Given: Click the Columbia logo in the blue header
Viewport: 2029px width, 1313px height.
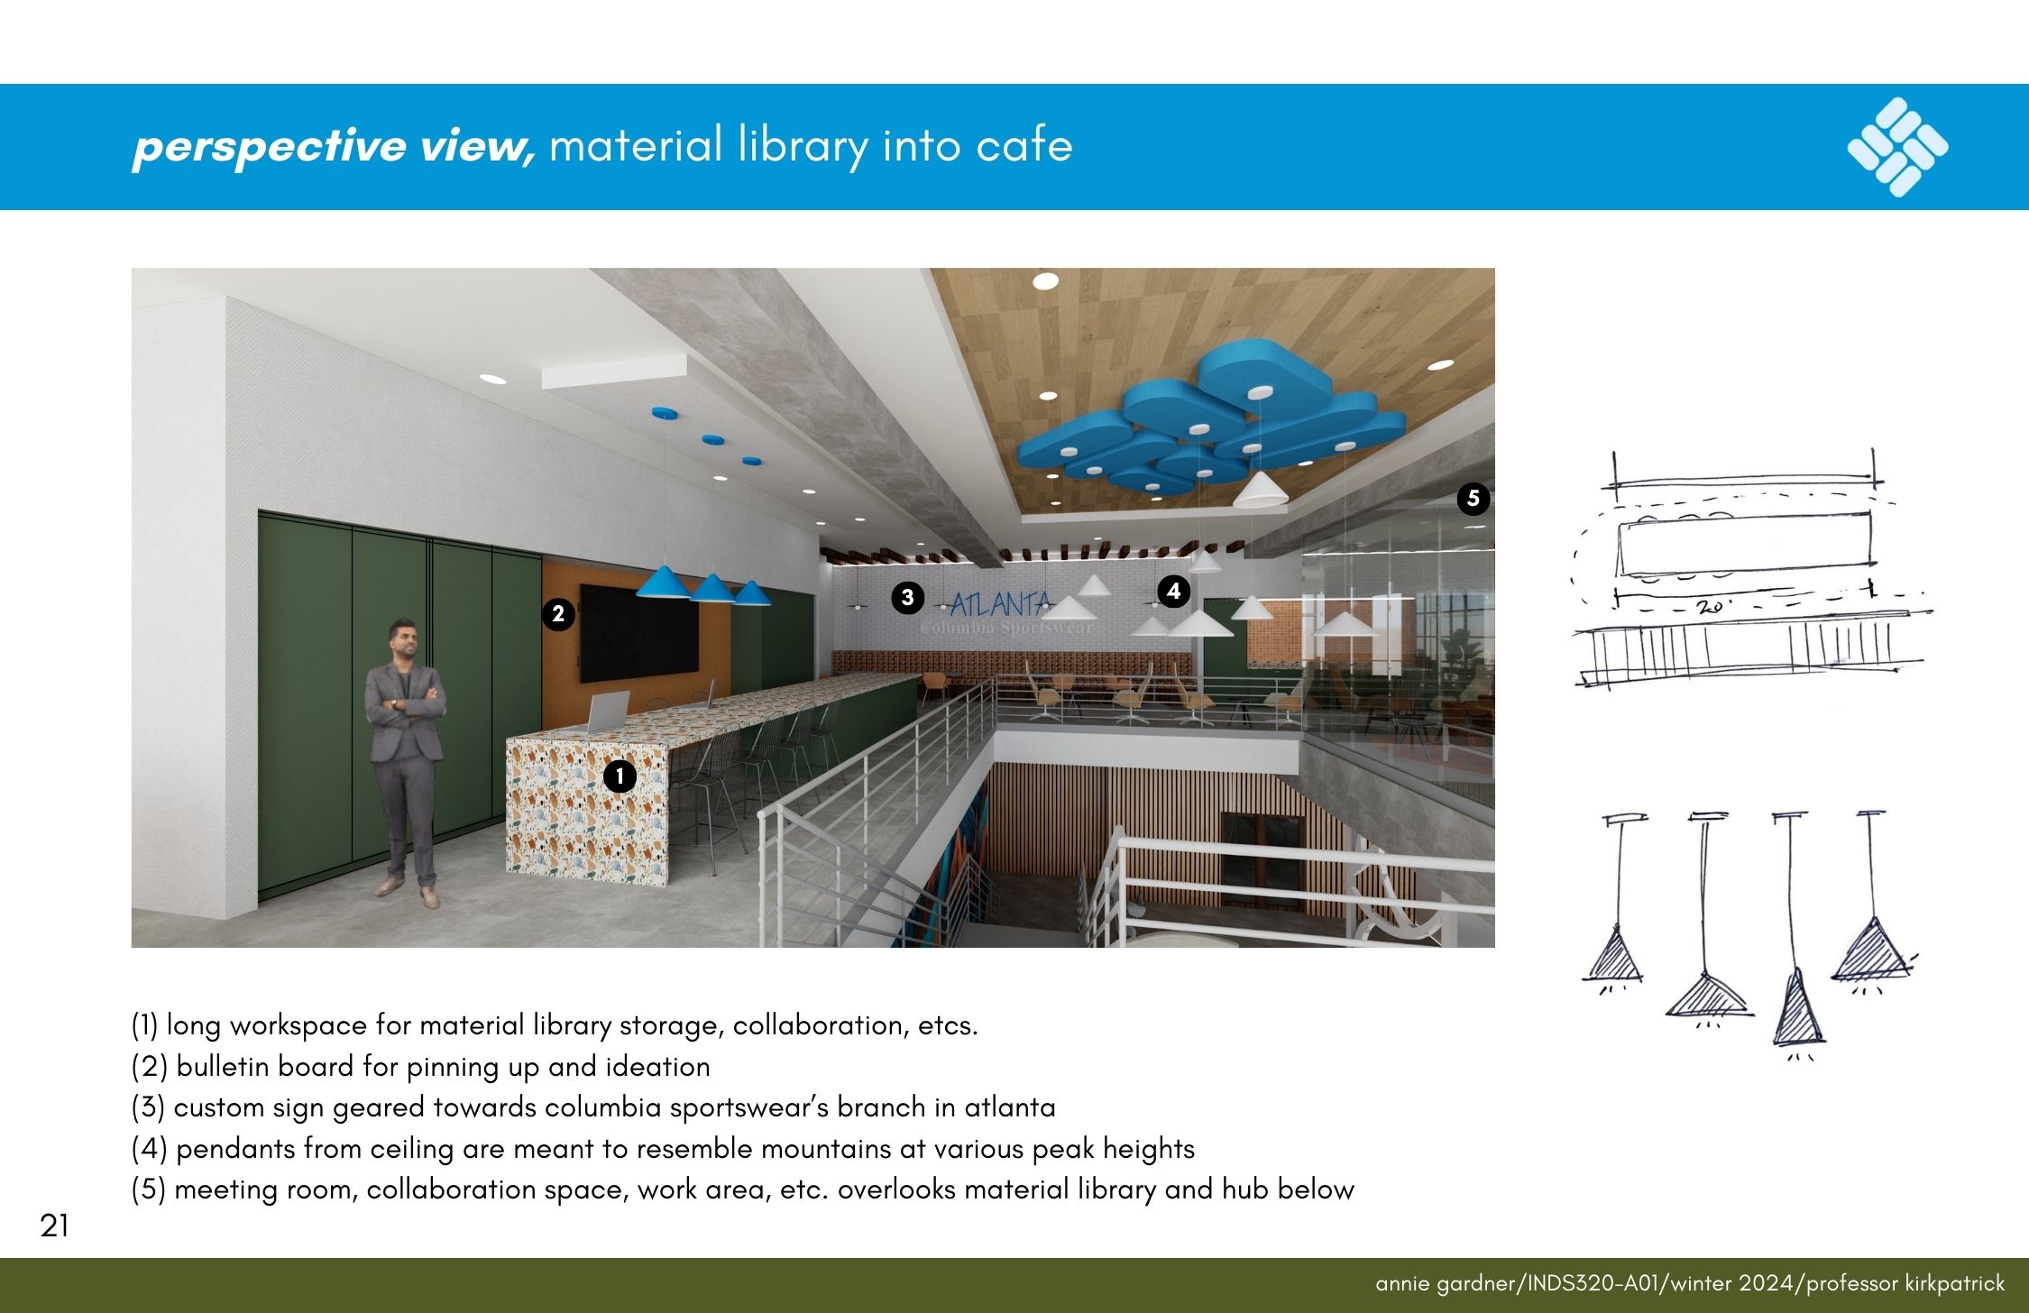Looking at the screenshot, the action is tap(1897, 147).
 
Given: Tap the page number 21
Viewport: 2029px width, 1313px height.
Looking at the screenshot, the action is tap(54, 1226).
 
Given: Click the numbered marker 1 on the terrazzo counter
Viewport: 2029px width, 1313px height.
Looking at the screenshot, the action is tap(620, 776).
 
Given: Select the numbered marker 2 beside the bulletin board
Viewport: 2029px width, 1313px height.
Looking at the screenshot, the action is tap(558, 614).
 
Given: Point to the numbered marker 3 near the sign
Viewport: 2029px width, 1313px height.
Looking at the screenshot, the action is tap(907, 597).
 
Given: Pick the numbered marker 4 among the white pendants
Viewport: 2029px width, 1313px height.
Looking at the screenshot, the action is tap(1173, 591).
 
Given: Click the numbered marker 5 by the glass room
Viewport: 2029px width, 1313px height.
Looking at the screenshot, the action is tap(1474, 498).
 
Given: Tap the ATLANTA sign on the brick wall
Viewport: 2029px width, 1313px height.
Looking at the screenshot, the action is tap(1002, 604).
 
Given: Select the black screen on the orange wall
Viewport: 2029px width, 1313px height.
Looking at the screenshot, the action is tap(638, 632).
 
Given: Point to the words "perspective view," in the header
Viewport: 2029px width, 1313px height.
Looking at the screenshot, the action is tap(334, 145).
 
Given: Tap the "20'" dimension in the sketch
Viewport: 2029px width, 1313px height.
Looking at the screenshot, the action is tap(1710, 606).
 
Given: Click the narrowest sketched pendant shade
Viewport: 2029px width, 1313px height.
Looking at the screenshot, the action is tap(1798, 1007).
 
